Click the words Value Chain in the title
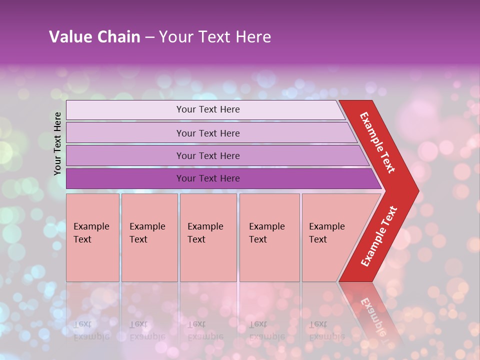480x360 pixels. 94,37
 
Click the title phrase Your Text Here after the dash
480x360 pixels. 215,37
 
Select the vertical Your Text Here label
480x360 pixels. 57,143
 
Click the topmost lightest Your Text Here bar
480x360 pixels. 208,109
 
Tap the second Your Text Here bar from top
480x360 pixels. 208,133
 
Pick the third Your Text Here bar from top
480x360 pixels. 208,155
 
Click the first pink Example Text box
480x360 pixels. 92,237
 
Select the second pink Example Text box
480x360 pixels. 149,237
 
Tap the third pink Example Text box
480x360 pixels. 208,237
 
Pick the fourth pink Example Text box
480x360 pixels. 269,237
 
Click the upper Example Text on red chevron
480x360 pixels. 377,142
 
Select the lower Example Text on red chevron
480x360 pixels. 379,236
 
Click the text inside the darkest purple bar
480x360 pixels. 208,178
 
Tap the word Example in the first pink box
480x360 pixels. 91,226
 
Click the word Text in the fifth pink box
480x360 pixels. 318,239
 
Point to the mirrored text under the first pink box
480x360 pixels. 91,330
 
